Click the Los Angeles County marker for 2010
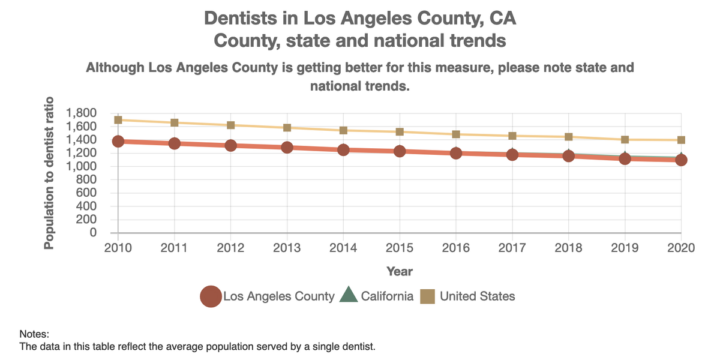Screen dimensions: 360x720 tap(118, 142)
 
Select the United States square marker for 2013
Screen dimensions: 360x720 tap(287, 128)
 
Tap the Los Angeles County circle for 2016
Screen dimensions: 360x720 tap(456, 153)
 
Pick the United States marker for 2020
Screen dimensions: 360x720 tap(681, 140)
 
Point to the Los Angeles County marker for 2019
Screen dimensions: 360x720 tap(625, 158)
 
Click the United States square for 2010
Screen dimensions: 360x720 tap(118, 120)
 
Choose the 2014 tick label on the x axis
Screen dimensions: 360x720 tap(343, 248)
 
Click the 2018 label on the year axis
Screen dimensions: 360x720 tap(569, 248)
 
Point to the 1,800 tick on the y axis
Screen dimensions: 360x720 tap(82, 113)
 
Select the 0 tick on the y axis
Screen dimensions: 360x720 tap(93, 233)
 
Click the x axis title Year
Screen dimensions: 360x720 tap(400, 271)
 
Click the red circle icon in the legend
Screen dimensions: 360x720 tap(210, 296)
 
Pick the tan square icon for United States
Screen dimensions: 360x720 tap(427, 296)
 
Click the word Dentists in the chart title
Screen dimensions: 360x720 tap(242, 18)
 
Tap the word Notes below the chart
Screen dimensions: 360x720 tap(34, 334)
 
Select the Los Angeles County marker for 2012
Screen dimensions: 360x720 tap(231, 145)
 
